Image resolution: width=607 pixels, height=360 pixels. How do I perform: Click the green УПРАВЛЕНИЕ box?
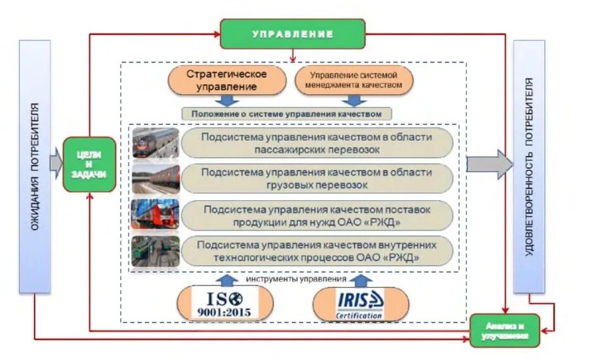292,34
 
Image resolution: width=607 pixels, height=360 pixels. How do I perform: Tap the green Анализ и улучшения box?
505,330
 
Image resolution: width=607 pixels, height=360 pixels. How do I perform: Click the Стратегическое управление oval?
227,80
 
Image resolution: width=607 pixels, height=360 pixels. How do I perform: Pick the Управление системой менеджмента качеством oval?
354,80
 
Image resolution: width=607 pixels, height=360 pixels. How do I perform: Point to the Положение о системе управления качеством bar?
287,114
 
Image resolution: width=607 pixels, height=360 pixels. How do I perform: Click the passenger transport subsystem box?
317,143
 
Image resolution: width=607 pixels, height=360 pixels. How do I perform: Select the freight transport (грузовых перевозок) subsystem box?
317,179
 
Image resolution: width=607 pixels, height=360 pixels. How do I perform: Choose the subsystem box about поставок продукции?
317,215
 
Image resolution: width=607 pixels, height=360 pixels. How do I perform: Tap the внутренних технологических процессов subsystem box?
317,251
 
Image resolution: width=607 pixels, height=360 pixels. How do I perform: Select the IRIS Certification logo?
360,304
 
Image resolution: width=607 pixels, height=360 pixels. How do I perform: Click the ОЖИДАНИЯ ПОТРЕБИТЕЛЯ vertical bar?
35,167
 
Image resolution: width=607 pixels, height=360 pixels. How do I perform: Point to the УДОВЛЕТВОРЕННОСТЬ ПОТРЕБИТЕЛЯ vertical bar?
529,167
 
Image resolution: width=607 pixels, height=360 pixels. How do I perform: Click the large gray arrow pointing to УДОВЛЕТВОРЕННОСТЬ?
490,164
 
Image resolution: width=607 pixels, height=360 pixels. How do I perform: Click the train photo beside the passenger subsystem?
155,143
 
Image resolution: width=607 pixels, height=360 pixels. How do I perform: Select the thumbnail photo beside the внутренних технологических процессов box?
155,251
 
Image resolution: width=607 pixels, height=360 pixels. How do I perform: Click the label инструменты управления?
297,279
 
